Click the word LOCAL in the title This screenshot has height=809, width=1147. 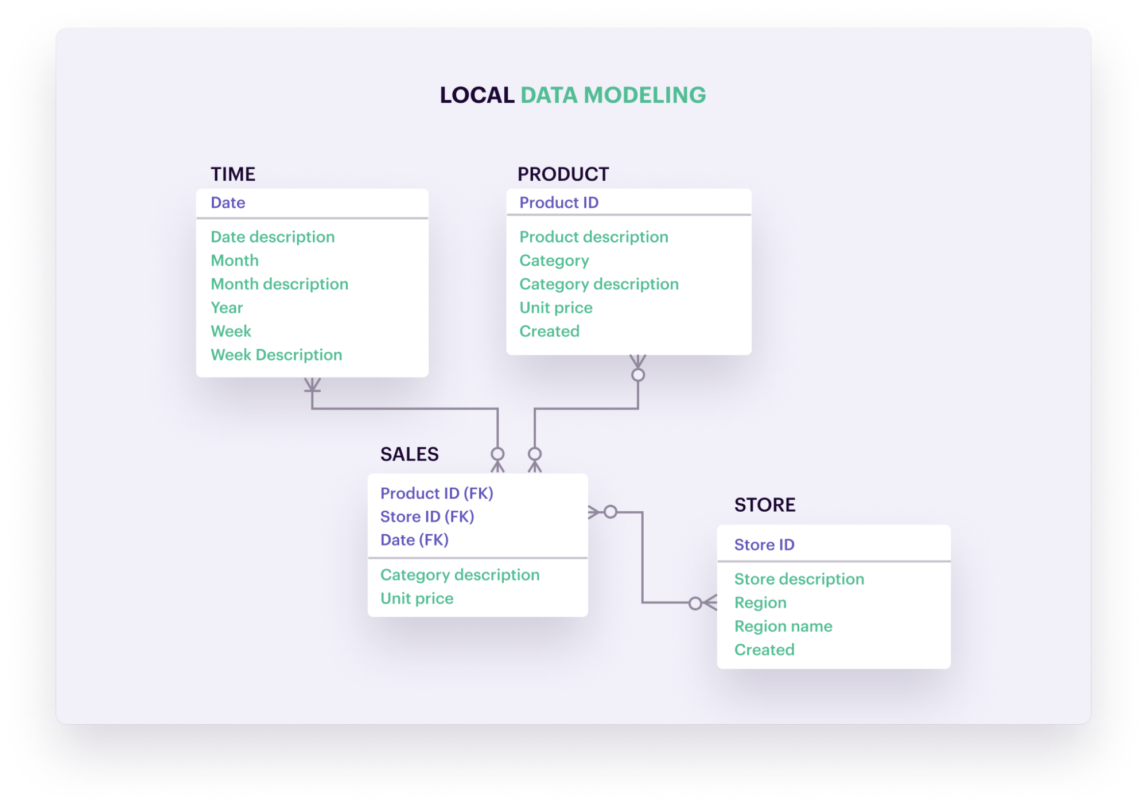(476, 95)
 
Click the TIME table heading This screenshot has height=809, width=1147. (232, 174)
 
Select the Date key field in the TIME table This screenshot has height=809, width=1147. (228, 203)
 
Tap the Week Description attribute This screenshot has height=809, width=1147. (276, 355)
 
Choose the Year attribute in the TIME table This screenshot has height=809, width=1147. (227, 308)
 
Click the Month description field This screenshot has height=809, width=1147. (279, 284)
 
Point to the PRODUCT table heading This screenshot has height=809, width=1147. (562, 174)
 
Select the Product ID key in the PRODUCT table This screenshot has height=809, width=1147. (558, 203)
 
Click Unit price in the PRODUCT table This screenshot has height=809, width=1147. (555, 308)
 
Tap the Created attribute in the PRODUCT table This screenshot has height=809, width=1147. (549, 331)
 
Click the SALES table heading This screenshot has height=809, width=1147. (409, 454)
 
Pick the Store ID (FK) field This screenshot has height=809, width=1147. (427, 516)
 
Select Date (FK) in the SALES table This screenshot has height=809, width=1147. (414, 540)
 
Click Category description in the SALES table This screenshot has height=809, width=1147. (460, 575)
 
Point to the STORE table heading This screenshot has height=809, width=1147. (764, 504)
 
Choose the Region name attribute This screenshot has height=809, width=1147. (783, 626)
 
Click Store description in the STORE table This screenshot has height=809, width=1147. (799, 579)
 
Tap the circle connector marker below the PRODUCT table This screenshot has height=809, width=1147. (637, 375)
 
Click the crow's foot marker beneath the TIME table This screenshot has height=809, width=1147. (312, 384)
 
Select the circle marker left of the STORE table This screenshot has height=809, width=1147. (695, 603)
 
